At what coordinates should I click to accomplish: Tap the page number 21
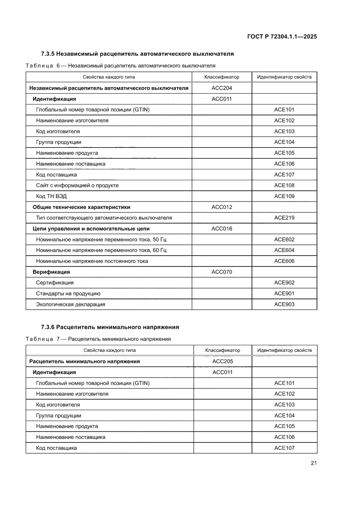click(x=313, y=463)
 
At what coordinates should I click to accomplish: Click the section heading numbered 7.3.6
click(x=110, y=327)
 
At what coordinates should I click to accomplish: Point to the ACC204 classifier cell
click(x=222, y=88)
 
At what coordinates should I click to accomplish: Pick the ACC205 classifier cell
click(x=222, y=361)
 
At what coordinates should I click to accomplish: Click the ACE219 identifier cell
click(x=284, y=218)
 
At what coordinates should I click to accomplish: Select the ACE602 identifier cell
click(x=284, y=239)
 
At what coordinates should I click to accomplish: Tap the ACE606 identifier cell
click(x=284, y=261)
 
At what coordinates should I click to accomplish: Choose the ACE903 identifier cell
click(x=284, y=304)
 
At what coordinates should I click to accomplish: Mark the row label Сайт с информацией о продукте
click(x=77, y=185)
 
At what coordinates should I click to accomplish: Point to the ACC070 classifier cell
click(x=222, y=272)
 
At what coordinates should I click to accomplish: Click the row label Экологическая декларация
click(x=71, y=304)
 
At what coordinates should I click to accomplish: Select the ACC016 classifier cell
click(x=222, y=229)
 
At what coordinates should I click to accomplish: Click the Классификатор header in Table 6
click(x=222, y=77)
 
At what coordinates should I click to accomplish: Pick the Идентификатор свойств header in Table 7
click(x=284, y=350)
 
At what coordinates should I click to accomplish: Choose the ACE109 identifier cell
click(x=284, y=196)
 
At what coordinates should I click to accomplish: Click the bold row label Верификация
click(x=51, y=272)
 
